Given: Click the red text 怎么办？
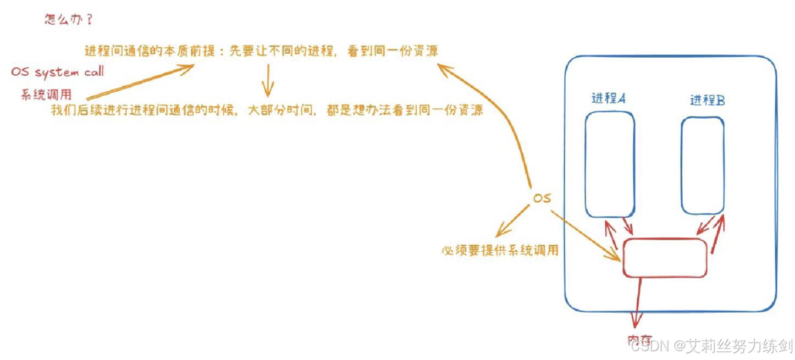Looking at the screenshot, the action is (68, 20).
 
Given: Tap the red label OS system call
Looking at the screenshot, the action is (57, 72).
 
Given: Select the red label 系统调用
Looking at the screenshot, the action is (47, 94).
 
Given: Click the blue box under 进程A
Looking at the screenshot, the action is (610, 164).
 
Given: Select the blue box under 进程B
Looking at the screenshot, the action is (703, 165).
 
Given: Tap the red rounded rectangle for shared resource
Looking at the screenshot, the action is (665, 257).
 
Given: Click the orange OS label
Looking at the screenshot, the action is (542, 198).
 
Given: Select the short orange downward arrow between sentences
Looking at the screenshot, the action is (268, 80).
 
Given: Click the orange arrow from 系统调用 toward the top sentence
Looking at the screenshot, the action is (140, 81).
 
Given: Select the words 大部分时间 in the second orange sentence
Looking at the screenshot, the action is (276, 110).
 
